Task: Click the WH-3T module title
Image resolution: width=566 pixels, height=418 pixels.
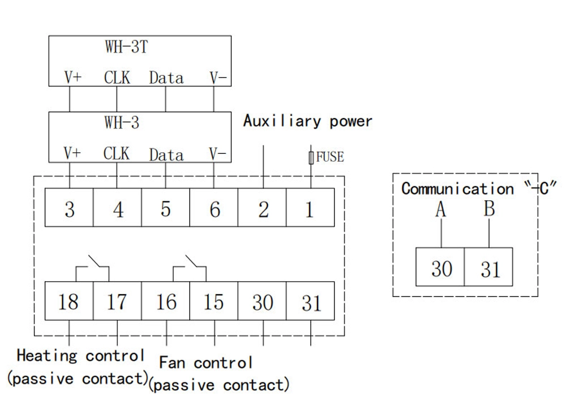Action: coord(126,47)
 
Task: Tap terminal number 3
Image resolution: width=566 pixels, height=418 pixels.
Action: coord(69,210)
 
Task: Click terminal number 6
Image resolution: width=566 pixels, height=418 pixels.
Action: coord(215,210)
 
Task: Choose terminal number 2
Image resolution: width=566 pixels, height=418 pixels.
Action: coord(263,210)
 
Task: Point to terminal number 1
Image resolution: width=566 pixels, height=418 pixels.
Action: coord(310,210)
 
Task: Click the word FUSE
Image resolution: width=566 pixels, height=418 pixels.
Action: coord(329,157)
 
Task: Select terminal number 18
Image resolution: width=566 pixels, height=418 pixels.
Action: coord(68,302)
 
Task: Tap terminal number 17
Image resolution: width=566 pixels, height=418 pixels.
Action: coord(117,302)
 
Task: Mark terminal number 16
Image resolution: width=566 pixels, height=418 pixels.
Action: coord(166,302)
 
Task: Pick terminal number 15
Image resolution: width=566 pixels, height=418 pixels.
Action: coord(213,302)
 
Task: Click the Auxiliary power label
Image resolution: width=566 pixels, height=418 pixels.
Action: coord(308,121)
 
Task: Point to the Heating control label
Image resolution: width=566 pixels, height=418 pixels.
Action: coord(80,356)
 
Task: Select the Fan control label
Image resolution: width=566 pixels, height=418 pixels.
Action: coord(206,362)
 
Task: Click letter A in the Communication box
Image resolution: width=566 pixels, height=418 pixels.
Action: coord(441,210)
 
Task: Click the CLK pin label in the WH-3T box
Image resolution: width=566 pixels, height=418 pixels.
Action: coord(117,78)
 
